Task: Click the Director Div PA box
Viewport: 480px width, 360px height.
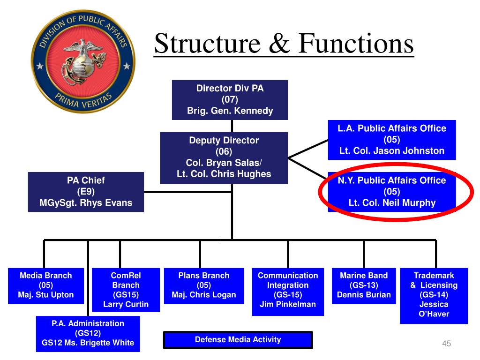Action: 230,99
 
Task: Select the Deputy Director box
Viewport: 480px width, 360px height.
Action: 224,157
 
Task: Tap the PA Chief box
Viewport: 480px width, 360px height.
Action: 85,192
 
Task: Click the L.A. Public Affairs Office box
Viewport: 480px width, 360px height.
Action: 391,140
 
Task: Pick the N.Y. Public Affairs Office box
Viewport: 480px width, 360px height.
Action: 391,192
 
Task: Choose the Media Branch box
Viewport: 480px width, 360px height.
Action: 46,285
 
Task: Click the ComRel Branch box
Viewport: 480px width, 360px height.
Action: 126,290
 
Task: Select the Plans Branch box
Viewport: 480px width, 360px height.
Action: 204,285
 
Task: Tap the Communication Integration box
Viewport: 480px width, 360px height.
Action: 288,290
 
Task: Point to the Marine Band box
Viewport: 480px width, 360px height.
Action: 364,285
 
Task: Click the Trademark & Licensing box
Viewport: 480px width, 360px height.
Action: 434,295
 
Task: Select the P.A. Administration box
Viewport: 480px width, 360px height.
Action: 88,333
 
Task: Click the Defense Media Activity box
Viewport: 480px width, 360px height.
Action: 238,340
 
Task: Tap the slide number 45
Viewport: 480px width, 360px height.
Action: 446,345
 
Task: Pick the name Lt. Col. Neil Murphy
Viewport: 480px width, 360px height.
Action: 391,203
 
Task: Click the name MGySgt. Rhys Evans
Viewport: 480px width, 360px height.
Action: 85,203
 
